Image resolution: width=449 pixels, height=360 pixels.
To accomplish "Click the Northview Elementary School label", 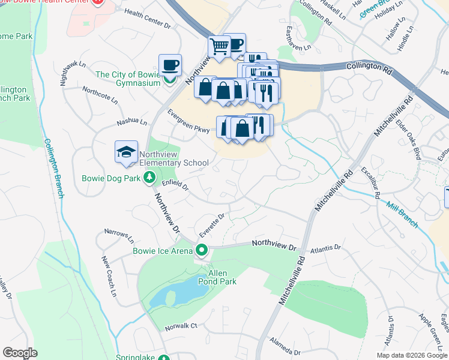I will pos(165,158).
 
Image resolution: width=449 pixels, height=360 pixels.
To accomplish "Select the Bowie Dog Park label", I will pos(112,178).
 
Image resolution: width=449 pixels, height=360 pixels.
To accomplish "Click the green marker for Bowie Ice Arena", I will pos(202,250).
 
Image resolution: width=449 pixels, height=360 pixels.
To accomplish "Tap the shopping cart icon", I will pos(219,46).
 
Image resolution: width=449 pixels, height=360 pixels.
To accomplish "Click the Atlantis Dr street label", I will pos(325,248).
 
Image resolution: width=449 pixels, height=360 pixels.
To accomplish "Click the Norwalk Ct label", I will pos(181,326).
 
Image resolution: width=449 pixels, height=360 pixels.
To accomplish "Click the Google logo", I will pos(19,353).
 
